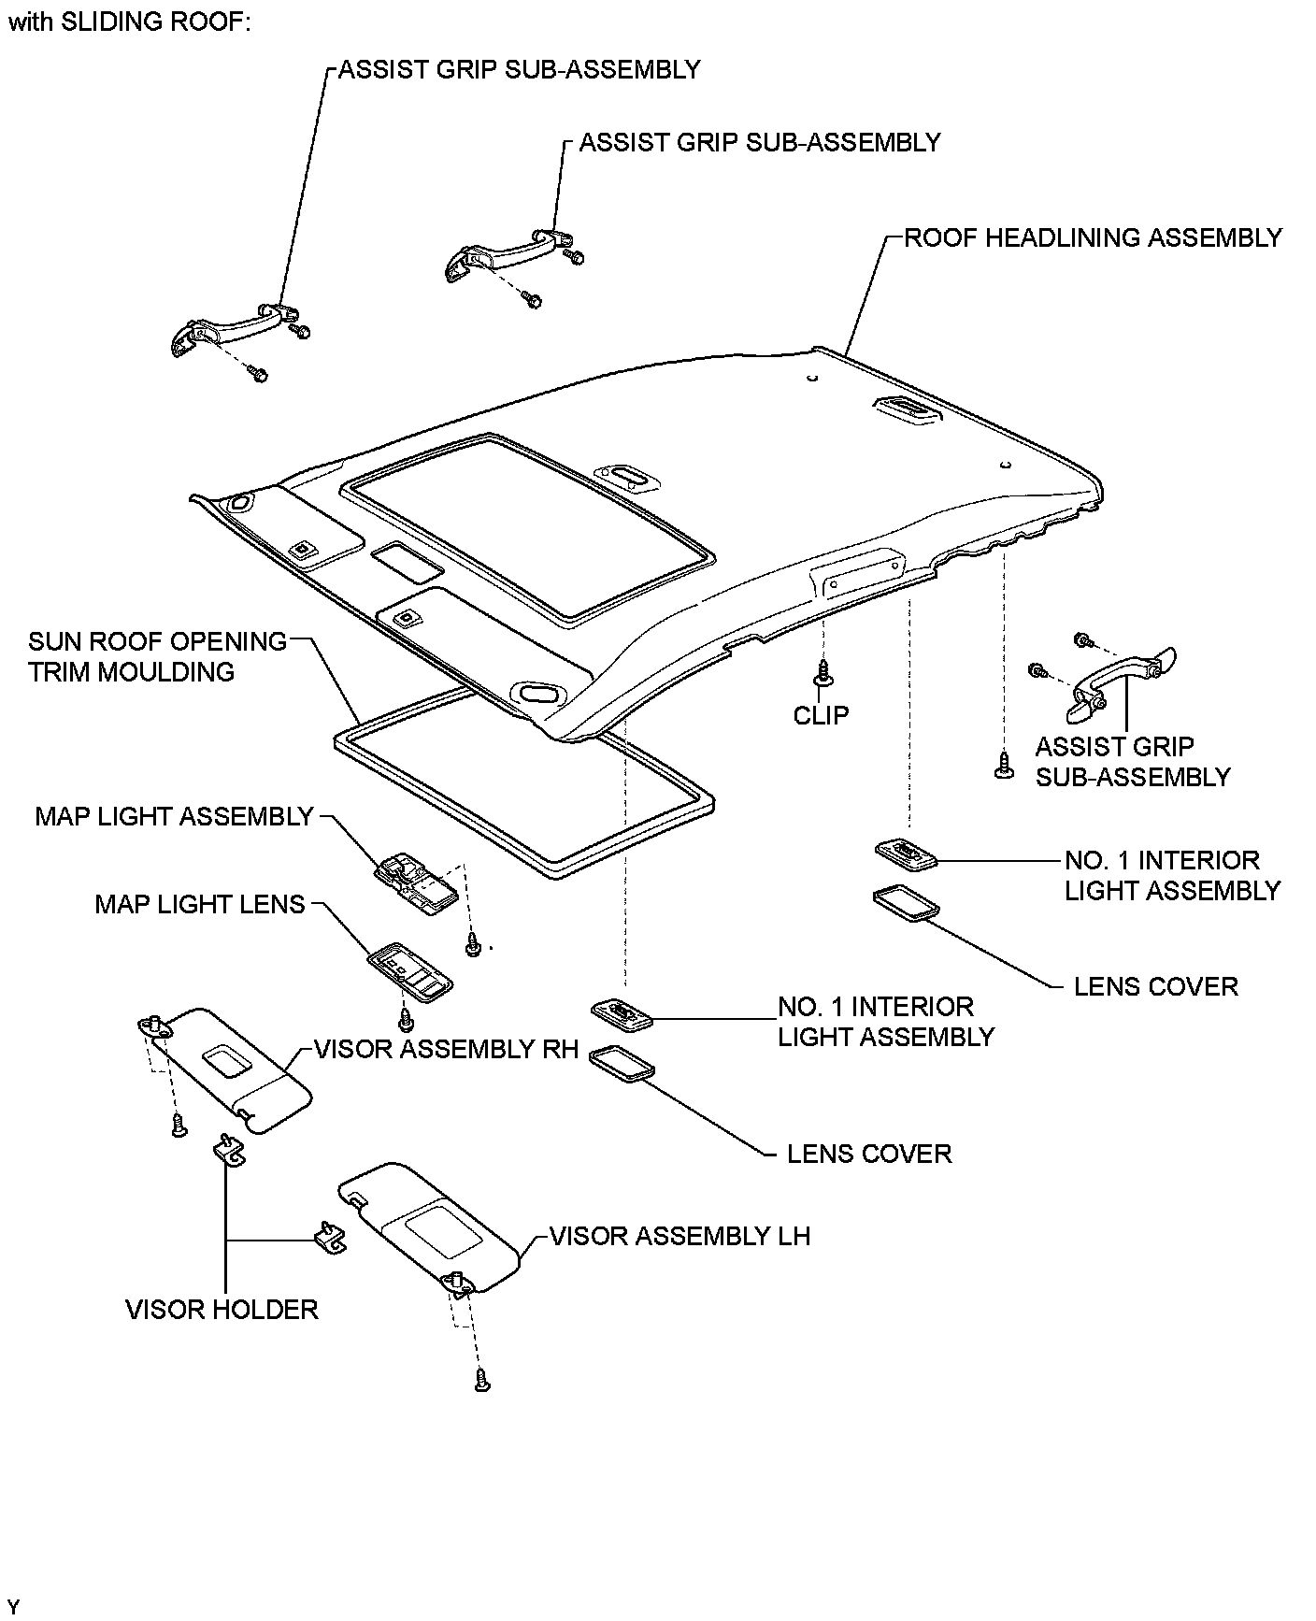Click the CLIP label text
[x=821, y=715]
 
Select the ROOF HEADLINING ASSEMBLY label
[x=1093, y=237]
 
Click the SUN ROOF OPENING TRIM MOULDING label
[x=157, y=656]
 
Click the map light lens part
[x=409, y=973]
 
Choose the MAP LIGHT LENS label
[x=200, y=904]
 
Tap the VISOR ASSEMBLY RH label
[x=447, y=1049]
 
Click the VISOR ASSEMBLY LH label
[x=679, y=1236]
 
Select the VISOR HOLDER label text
[x=222, y=1309]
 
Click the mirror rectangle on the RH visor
[x=225, y=1060]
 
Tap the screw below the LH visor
[x=482, y=1379]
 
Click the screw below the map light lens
[x=406, y=1016]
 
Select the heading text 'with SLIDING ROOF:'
[x=129, y=22]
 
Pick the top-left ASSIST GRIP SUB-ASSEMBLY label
[x=519, y=69]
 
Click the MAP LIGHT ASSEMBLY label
[x=174, y=816]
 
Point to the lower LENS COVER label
[x=868, y=1153]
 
